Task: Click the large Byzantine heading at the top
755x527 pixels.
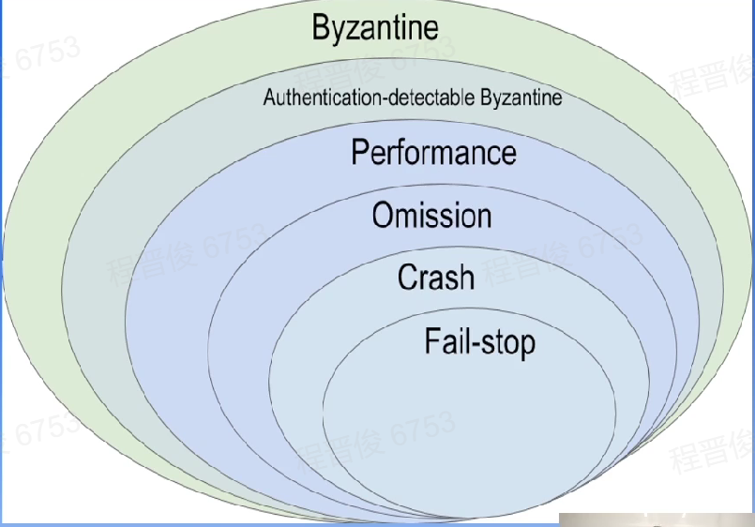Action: point(375,28)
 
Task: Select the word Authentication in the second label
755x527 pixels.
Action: point(310,98)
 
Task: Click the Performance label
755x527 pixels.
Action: point(433,152)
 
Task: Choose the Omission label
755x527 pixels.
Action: point(431,216)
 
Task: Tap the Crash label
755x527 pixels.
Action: point(436,278)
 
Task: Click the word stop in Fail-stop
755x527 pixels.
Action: point(507,341)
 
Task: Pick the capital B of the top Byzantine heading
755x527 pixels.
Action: point(321,28)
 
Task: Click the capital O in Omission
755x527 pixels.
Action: point(384,216)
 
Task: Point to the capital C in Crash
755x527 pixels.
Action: point(408,278)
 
